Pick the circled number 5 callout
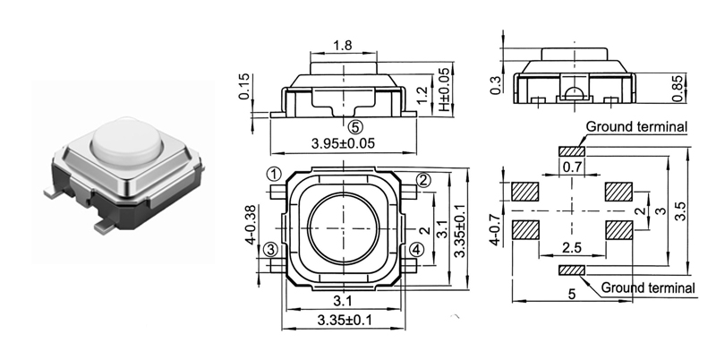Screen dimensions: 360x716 click(x=355, y=128)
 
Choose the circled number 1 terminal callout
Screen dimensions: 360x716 click(x=275, y=174)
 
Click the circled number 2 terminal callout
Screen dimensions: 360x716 click(x=424, y=181)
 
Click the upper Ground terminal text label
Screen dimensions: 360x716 click(x=636, y=127)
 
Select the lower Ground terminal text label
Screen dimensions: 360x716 click(x=647, y=287)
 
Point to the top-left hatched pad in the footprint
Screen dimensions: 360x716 click(x=524, y=192)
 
